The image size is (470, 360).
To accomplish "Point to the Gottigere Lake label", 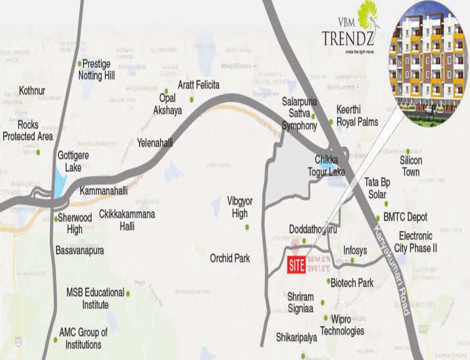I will click(73, 161).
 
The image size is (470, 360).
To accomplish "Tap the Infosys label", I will click(355, 250).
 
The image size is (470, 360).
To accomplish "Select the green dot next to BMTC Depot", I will click(378, 218).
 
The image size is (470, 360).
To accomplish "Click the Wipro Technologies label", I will click(342, 325).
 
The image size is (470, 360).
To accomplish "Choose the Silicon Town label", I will click(410, 166).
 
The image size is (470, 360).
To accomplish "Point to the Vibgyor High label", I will click(240, 207).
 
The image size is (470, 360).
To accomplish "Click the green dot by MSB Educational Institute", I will click(128, 293).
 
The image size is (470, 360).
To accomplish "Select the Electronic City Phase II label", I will click(416, 242).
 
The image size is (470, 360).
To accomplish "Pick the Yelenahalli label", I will click(155, 142).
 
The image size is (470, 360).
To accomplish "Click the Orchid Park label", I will click(230, 258).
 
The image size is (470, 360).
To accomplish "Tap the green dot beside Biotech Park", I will click(328, 281).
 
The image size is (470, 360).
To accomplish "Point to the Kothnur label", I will click(32, 90).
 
